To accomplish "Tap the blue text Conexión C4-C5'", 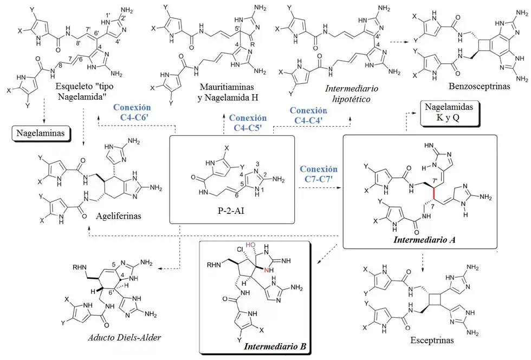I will coord(248,122).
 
